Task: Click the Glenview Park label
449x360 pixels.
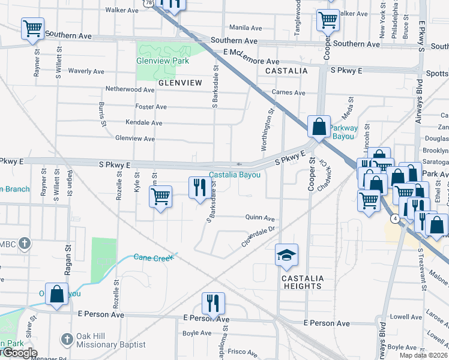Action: [163, 61]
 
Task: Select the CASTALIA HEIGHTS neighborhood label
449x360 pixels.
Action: [303, 282]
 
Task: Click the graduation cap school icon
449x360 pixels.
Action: [286, 256]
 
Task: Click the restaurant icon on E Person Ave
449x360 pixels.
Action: [212, 304]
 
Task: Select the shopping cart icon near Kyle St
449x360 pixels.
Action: [160, 197]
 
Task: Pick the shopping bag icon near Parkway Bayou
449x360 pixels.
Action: [318, 127]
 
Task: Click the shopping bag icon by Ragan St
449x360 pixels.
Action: [56, 295]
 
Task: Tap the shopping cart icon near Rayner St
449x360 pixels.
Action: [32, 28]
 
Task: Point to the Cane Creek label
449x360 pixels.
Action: [153, 257]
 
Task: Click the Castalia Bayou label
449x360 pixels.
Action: [235, 175]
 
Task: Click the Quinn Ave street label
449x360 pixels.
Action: [259, 218]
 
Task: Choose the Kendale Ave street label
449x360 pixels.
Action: [143, 122]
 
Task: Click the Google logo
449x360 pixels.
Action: [19, 353]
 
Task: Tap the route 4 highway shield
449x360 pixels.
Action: [394, 219]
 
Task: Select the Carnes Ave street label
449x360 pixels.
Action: [288, 93]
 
